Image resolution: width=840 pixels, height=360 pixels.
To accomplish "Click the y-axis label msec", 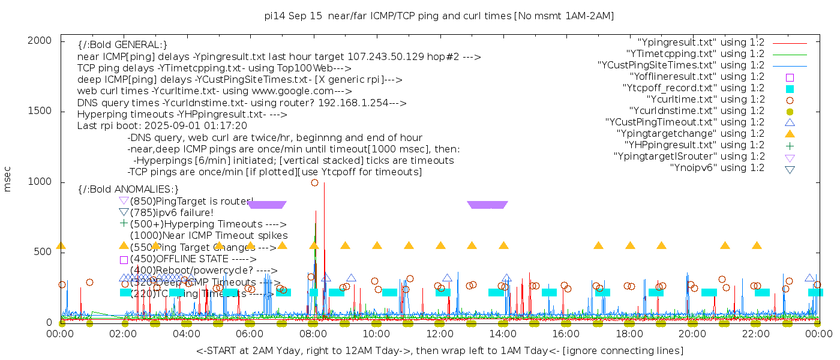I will (8, 179).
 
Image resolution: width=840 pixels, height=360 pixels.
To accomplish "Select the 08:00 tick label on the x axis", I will (313, 334).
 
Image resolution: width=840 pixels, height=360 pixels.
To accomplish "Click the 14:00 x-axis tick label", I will (503, 334).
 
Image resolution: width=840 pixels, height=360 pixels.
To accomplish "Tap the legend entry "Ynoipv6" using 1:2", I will (717, 168).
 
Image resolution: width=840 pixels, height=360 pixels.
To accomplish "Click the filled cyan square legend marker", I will (790, 88).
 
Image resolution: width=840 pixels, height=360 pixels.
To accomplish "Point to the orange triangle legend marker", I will (790, 133).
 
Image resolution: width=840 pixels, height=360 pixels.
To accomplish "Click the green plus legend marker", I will (790, 145).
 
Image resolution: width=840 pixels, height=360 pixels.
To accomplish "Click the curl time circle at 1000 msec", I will (314, 182).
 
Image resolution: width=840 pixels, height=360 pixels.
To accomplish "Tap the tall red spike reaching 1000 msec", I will (324, 186).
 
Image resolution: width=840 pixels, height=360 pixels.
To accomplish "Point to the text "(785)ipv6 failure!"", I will (172, 212).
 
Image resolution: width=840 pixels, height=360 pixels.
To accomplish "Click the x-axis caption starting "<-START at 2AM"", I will (439, 350).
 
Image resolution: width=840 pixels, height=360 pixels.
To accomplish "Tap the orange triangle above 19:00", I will (661, 245).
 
